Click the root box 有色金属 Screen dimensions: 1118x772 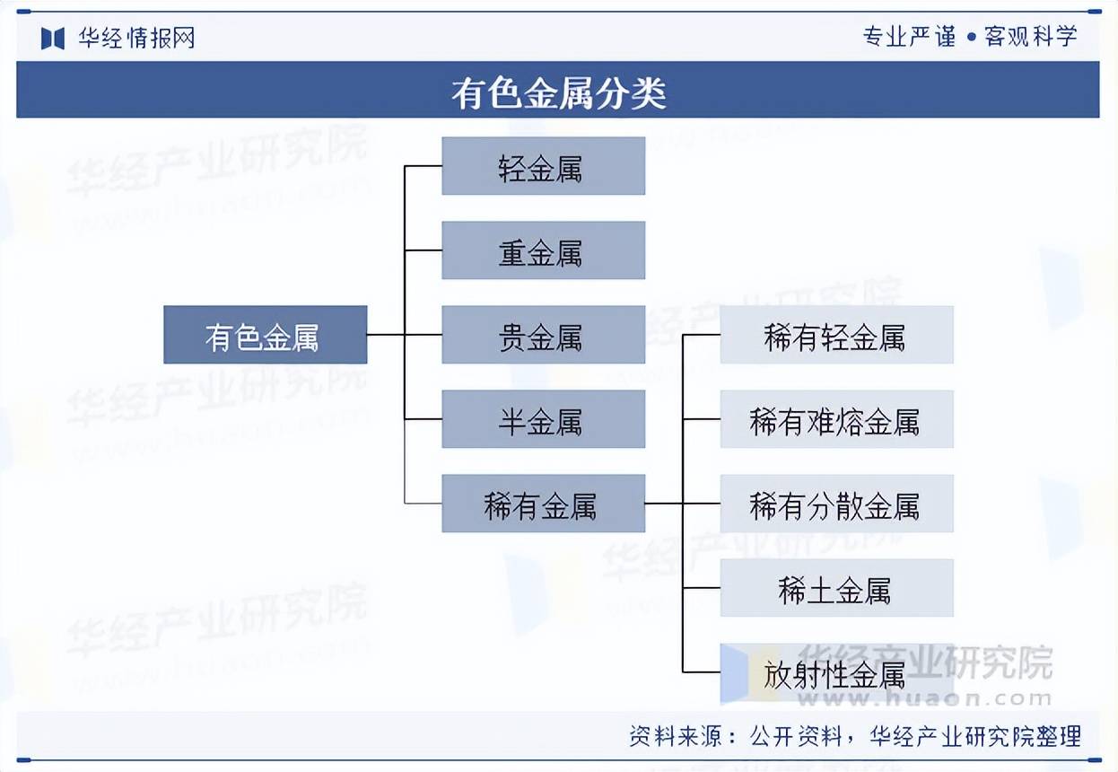coord(265,335)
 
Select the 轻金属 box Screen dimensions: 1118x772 coord(544,166)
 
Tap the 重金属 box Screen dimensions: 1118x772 coord(544,250)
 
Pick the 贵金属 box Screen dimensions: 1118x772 coord(544,335)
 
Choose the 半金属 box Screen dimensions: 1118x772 coord(544,419)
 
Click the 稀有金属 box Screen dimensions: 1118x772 coord(544,504)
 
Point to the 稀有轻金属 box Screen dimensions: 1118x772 coord(836,335)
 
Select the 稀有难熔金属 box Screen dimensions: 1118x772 coord(836,419)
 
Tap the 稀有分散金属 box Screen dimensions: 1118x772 coord(836,504)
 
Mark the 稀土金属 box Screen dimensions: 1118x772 coord(836,588)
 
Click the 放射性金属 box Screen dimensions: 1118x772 coord(836,672)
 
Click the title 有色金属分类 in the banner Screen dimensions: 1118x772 coord(558,92)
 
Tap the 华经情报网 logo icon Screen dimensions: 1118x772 coord(53,39)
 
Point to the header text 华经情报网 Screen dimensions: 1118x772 coord(136,38)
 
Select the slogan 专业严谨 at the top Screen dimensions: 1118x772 coord(909,37)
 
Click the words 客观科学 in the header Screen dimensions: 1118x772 coord(1031,37)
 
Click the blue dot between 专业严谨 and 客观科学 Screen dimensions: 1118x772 coord(971,37)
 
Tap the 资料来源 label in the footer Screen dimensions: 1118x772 coord(676,737)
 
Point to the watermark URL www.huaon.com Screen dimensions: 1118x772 coord(924,698)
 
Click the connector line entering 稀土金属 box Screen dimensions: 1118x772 coord(702,588)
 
